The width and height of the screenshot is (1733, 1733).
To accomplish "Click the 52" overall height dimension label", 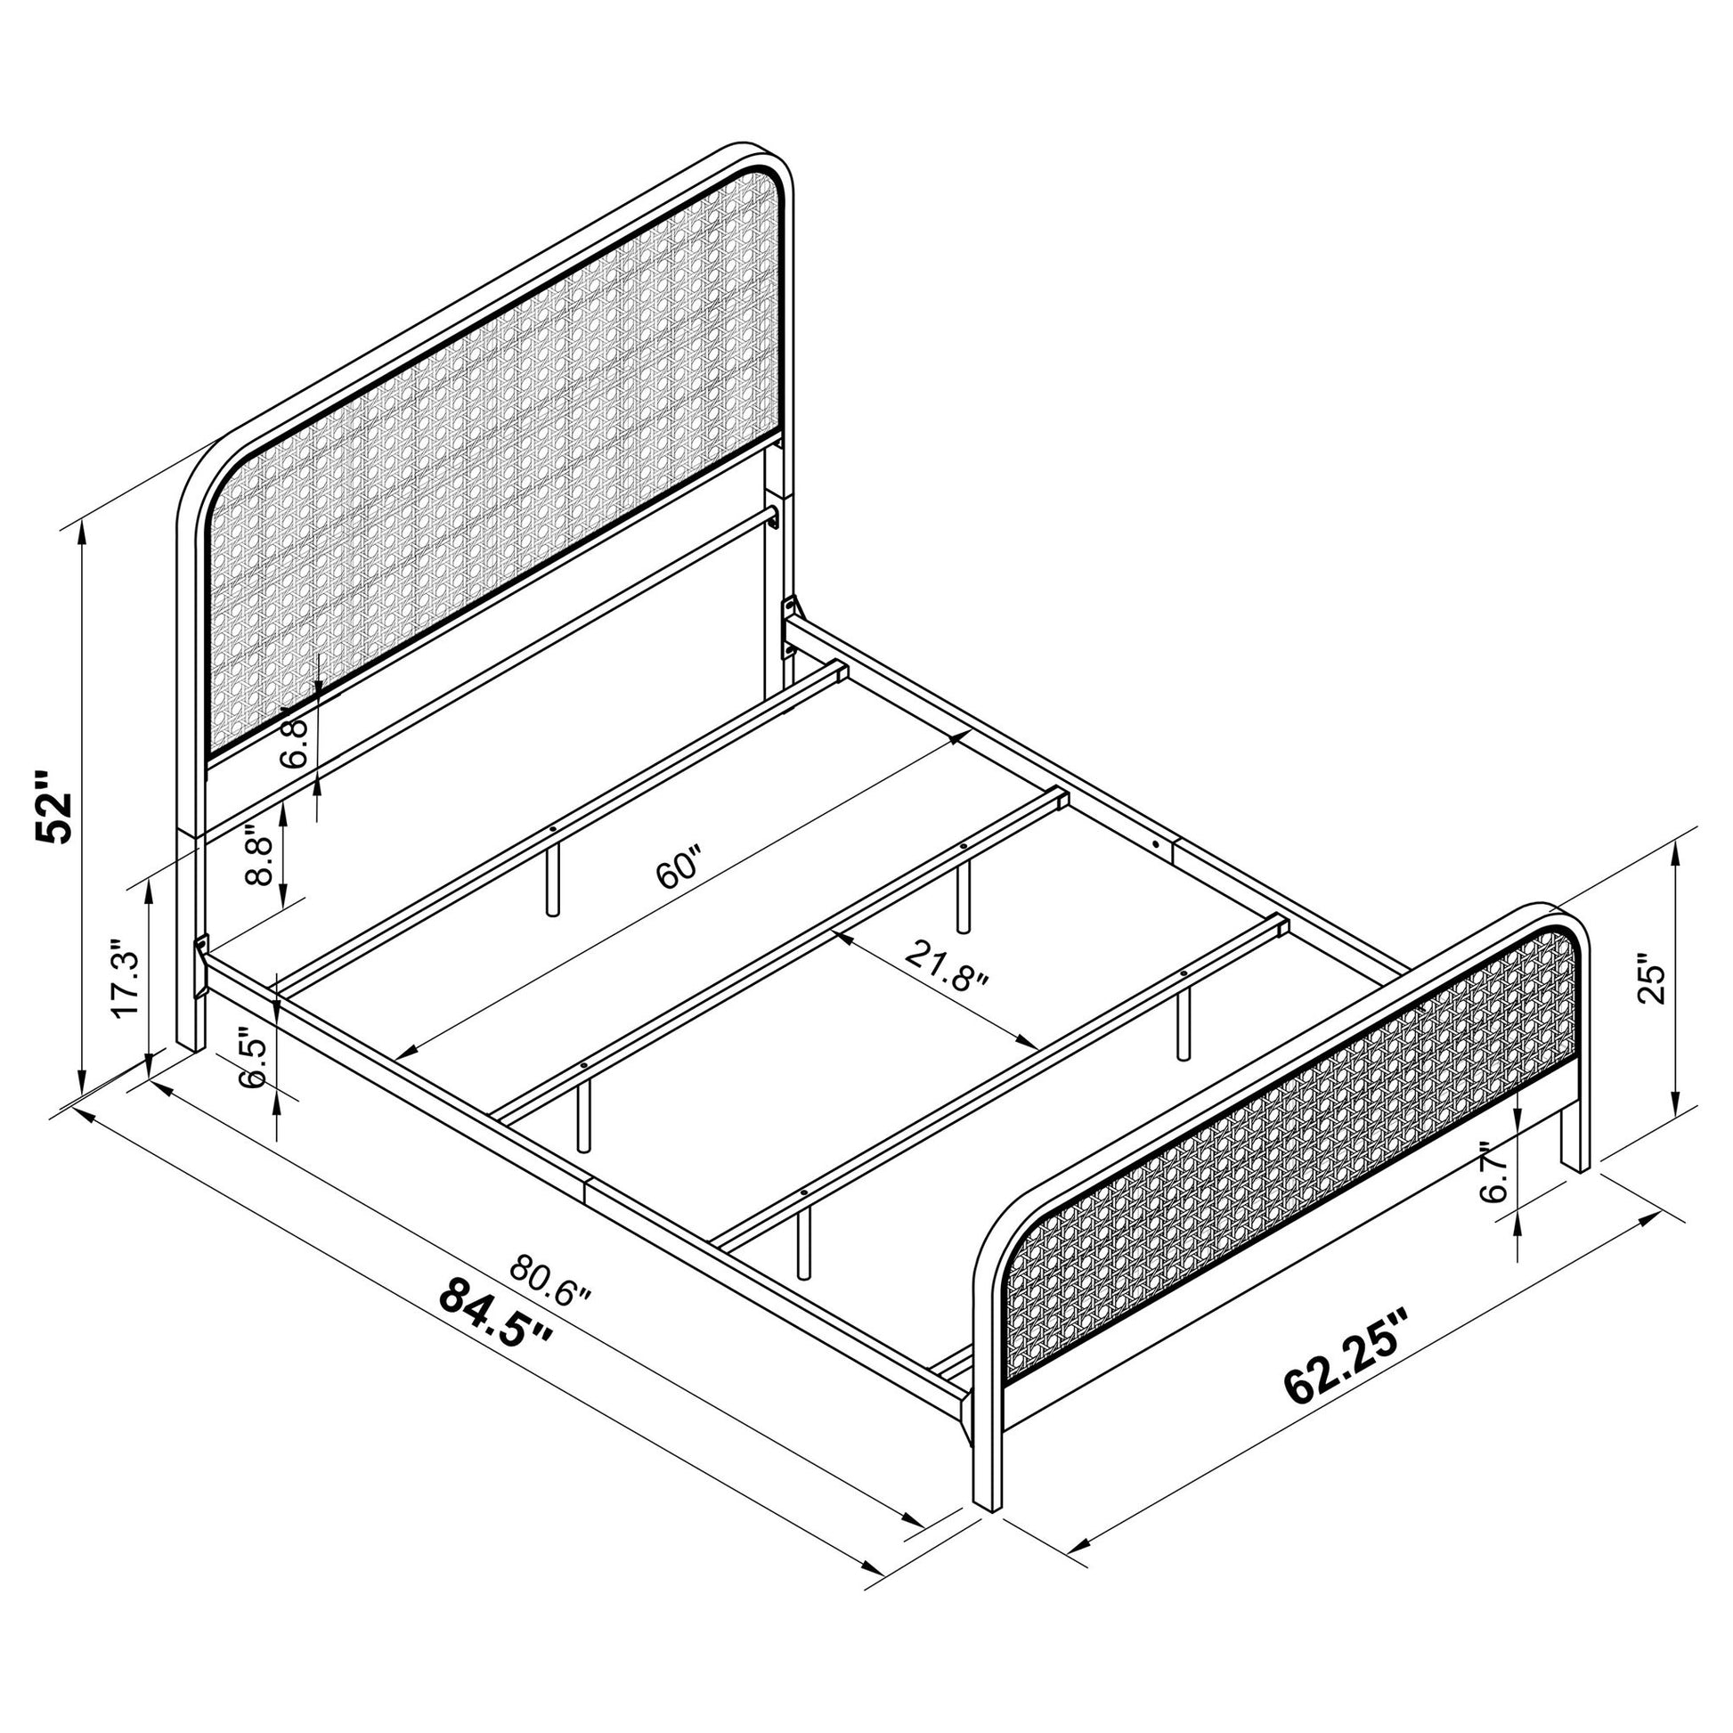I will (x=52, y=805).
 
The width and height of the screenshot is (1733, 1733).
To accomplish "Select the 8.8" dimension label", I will (x=257, y=856).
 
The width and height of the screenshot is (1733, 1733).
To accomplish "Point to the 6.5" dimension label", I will (x=254, y=1063).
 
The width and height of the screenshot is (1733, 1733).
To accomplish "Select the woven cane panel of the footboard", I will (x=1291, y=1130).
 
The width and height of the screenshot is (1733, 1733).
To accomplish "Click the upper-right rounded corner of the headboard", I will (x=771, y=166).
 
